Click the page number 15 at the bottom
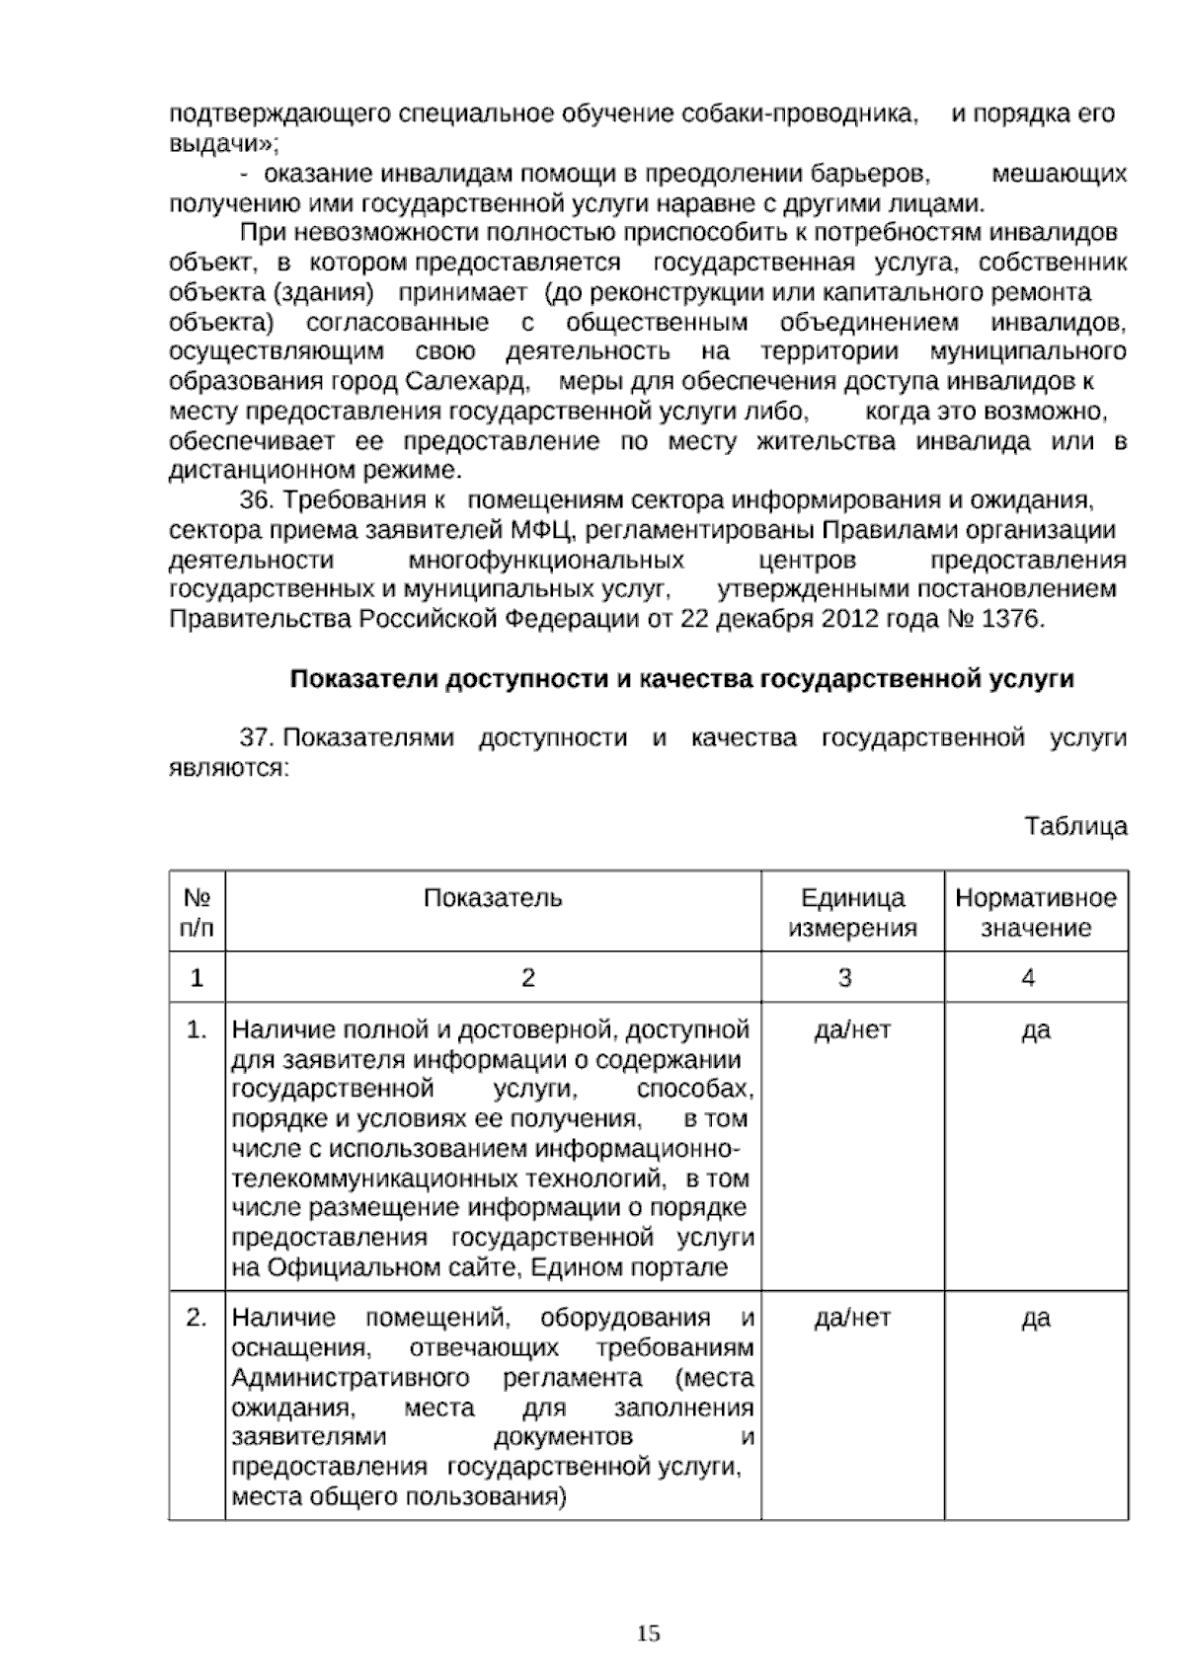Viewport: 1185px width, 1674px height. [649, 1634]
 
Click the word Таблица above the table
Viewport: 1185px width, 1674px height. [1075, 826]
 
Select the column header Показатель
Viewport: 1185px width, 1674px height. [493, 897]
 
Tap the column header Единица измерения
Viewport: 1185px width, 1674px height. [852, 912]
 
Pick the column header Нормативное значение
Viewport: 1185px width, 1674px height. [1036, 912]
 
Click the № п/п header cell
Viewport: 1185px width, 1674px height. [197, 912]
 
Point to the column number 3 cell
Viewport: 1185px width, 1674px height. [844, 978]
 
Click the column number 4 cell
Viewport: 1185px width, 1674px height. [1028, 978]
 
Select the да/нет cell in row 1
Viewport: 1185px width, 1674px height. [852, 1030]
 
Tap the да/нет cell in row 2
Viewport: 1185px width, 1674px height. [852, 1319]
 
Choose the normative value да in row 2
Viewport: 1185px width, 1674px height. [1036, 1319]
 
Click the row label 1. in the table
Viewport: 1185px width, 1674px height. [197, 1030]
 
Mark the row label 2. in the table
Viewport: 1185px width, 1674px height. [197, 1319]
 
